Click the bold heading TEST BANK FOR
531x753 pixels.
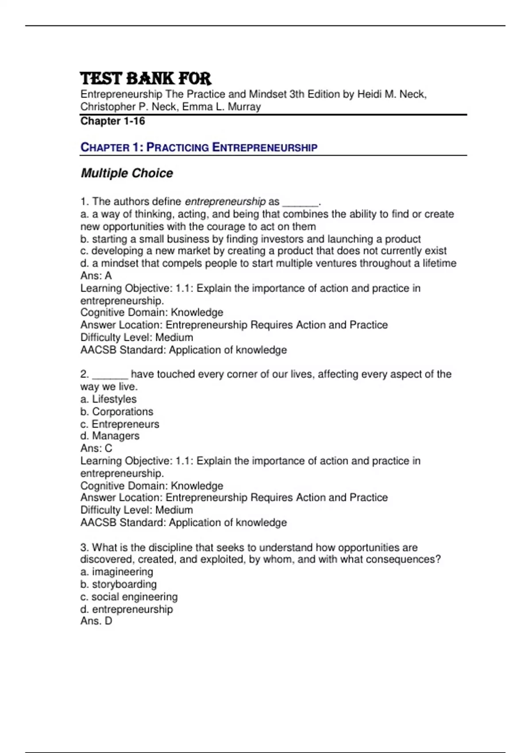click(146, 78)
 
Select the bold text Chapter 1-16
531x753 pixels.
click(112, 121)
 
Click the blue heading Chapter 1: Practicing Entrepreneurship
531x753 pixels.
click(199, 147)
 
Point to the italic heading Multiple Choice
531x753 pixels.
click(127, 173)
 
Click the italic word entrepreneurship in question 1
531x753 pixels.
click(225, 202)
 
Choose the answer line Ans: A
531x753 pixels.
click(96, 276)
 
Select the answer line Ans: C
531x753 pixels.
click(96, 448)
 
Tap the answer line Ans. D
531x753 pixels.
click(96, 621)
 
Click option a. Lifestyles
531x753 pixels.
click(108, 399)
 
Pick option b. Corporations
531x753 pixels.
click(117, 411)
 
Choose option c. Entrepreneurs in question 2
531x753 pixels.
click(119, 424)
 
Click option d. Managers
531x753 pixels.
click(110, 436)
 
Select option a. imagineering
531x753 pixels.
click(117, 572)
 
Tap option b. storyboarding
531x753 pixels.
click(119, 584)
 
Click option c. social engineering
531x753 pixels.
click(129, 597)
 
